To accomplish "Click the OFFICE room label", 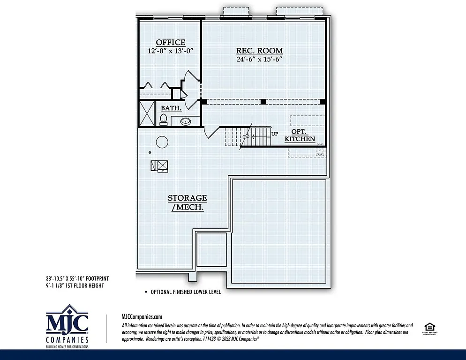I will tap(170, 43).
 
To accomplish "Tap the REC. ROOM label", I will tap(259, 51).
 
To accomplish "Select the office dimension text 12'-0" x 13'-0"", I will tap(170, 51).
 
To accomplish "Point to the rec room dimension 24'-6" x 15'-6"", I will tap(260, 59).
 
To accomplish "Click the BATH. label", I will tap(171, 108).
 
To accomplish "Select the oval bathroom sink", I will tap(186, 122).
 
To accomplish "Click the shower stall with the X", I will tap(147, 113).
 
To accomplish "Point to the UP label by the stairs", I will tap(275, 134).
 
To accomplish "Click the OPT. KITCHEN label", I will tap(300, 135).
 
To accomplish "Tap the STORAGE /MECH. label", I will tap(188, 202).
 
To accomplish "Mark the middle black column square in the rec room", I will tap(263, 101).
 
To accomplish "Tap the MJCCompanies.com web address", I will tap(142, 317).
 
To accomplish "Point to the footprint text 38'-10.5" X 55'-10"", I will tap(77, 278).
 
